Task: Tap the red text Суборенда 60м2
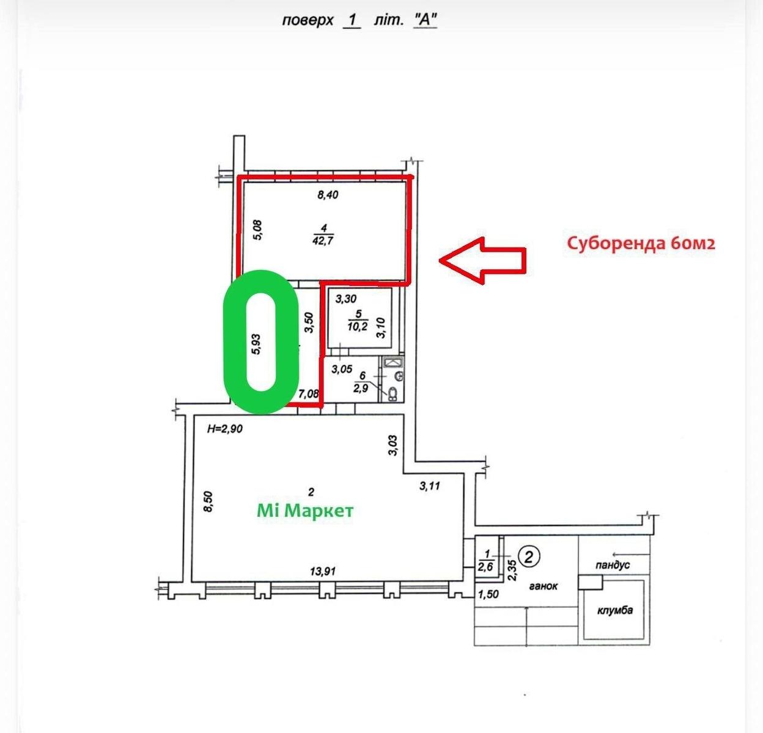pyautogui.click(x=641, y=244)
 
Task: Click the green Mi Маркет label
pyautogui.click(x=305, y=511)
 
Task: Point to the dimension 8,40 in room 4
pyautogui.click(x=328, y=195)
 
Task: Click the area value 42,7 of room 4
pyautogui.click(x=323, y=240)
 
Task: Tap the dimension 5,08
pyautogui.click(x=258, y=230)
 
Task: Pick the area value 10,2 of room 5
pyautogui.click(x=357, y=326)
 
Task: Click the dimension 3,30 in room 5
pyautogui.click(x=346, y=299)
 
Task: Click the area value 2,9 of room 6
pyautogui.click(x=361, y=388)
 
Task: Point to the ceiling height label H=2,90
pyautogui.click(x=225, y=429)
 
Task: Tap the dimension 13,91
pyautogui.click(x=323, y=572)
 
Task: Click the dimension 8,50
pyautogui.click(x=208, y=501)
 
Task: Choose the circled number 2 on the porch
pyautogui.click(x=528, y=557)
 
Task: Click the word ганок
pyautogui.click(x=543, y=586)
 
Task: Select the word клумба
pyautogui.click(x=615, y=610)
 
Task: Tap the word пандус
pyautogui.click(x=613, y=565)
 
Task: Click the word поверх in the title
pyautogui.click(x=308, y=20)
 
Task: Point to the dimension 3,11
pyautogui.click(x=430, y=486)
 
